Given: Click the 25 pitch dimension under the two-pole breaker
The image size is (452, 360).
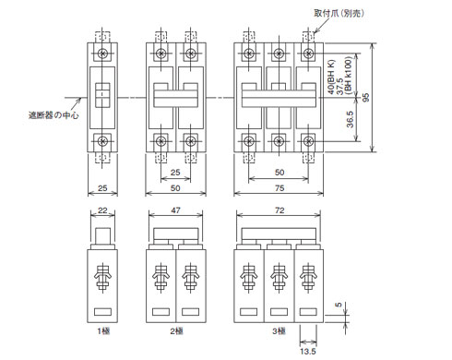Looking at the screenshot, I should point(175,172).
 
